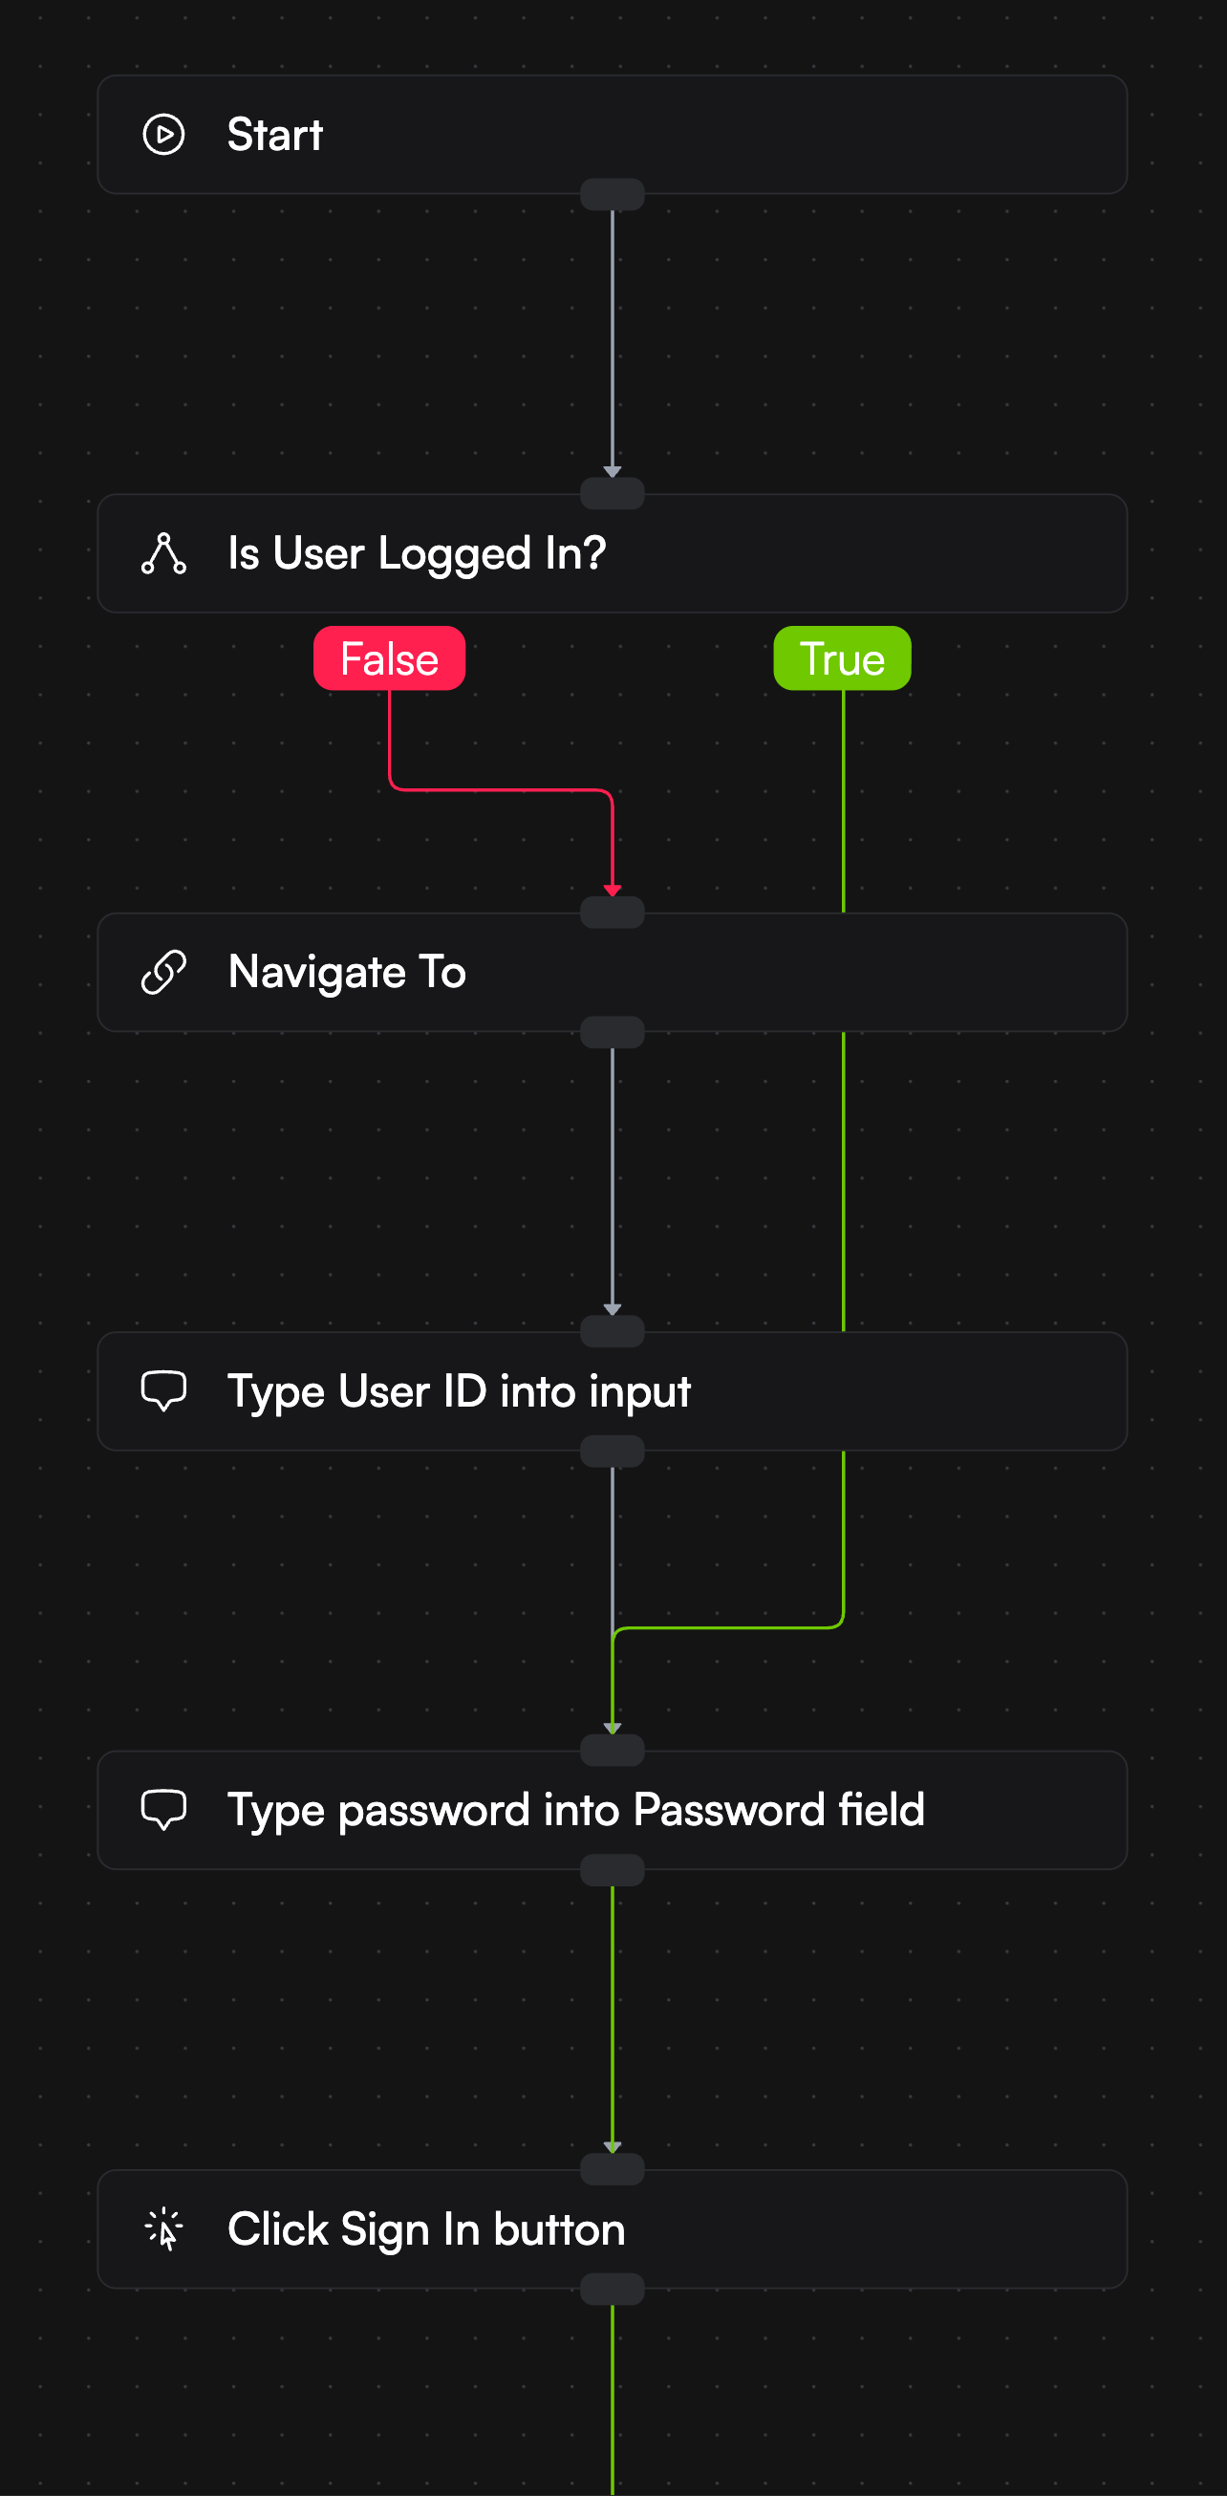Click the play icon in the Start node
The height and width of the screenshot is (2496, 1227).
[163, 135]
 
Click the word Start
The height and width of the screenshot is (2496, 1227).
[274, 135]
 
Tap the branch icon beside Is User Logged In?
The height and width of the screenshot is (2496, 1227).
[163, 553]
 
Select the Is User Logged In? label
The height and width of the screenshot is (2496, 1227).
[417, 553]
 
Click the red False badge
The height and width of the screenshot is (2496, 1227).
[389, 659]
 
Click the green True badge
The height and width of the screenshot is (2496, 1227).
[841, 659]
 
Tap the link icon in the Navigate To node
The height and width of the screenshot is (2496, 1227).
[163, 972]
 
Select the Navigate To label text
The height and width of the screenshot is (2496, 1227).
[347, 972]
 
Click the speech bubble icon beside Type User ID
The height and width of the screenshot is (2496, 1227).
[163, 1390]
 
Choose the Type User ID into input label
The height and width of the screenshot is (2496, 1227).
[459, 1391]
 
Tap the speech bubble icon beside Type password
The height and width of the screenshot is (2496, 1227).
[163, 1809]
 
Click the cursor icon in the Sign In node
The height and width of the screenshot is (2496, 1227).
[163, 2228]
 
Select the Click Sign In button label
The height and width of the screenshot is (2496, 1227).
[426, 2228]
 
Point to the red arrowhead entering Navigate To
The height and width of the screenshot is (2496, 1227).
[613, 890]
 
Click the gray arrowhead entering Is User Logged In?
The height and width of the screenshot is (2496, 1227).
[613, 471]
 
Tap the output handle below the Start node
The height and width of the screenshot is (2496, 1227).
[613, 195]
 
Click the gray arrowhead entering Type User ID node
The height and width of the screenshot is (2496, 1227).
[613, 1309]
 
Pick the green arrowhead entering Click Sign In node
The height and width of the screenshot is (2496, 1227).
[613, 2146]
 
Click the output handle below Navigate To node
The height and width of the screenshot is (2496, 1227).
[613, 1033]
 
